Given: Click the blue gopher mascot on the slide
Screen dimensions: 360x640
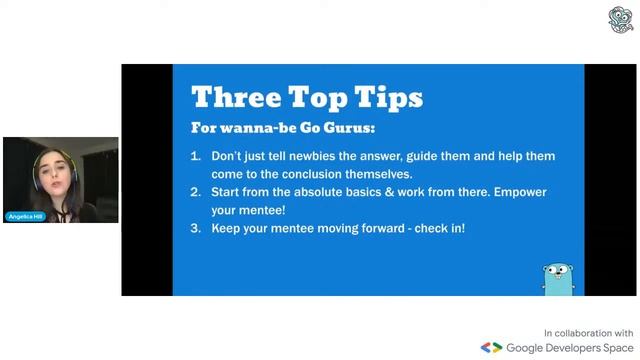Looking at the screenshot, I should [556, 277].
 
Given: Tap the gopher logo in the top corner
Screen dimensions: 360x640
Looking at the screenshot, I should [620, 19].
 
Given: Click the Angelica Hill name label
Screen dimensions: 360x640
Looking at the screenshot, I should [26, 216].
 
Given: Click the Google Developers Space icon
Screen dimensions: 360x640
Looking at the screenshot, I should [491, 348].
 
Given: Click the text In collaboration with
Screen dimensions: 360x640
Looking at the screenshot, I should [588, 332].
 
